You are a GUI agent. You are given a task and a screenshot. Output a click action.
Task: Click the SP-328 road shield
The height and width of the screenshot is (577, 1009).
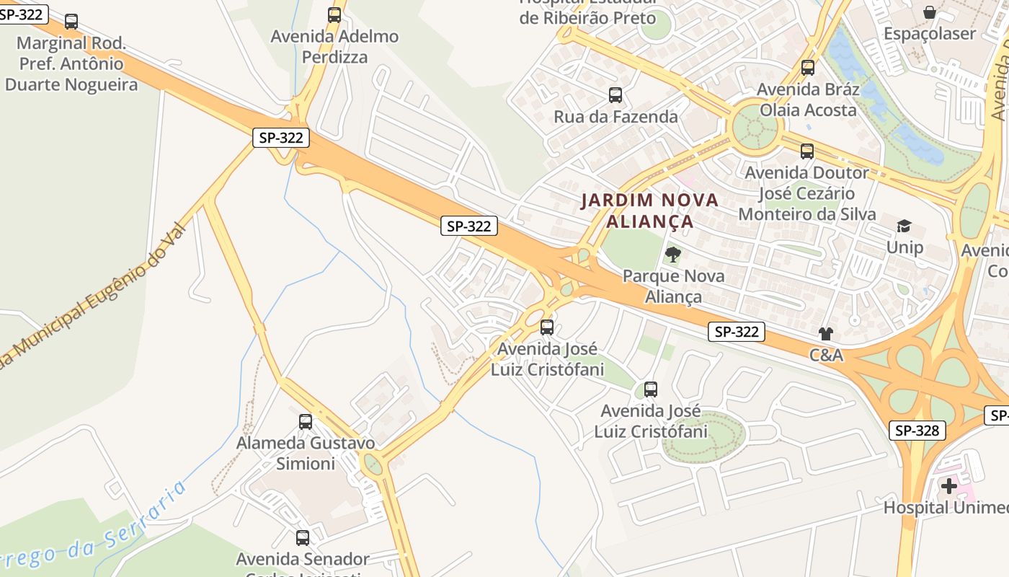[x=917, y=431]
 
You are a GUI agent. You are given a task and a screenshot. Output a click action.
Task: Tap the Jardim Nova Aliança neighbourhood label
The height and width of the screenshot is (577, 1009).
[x=650, y=210]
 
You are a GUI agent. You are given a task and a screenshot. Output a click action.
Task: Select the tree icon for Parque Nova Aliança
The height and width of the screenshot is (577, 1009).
[x=673, y=254]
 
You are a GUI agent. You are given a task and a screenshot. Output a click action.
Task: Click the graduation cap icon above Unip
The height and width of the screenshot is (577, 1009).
[x=904, y=226]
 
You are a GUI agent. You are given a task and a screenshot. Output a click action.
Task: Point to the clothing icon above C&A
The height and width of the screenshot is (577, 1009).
[x=825, y=333]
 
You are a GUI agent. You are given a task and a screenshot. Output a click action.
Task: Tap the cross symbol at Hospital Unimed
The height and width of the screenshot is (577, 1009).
[x=949, y=486]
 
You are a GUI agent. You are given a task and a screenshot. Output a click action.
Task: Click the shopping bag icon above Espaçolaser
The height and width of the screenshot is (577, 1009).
[x=930, y=12]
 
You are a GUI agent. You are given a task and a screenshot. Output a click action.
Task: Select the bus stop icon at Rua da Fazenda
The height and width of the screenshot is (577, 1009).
[x=615, y=95]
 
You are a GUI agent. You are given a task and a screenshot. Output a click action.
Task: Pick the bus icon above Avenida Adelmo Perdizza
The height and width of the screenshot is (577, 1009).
[x=334, y=14]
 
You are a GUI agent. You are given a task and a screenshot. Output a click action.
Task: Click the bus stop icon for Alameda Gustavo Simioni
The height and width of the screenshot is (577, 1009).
[x=306, y=421]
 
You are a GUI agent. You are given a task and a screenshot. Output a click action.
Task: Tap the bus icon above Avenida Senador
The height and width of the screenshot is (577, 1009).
[x=303, y=537]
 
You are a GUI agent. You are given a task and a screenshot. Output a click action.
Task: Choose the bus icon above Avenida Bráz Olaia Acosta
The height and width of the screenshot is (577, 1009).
[x=808, y=68]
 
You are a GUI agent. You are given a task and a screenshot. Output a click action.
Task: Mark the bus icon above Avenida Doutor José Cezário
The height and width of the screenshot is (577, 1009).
[x=807, y=151]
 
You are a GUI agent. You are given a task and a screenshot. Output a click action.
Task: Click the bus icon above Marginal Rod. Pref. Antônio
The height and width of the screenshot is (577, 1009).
[x=71, y=22]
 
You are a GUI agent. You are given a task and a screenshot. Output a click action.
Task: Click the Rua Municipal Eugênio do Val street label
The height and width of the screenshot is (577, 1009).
[x=94, y=296]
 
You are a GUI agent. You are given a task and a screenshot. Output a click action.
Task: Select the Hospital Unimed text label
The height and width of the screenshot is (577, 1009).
[x=946, y=508]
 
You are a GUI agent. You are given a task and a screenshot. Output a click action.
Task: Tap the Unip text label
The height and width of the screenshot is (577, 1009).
[x=904, y=247]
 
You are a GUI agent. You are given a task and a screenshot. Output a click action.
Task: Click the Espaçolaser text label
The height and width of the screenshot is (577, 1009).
[x=930, y=33]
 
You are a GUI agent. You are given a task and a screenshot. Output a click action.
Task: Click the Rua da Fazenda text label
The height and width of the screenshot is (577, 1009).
[x=615, y=116]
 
